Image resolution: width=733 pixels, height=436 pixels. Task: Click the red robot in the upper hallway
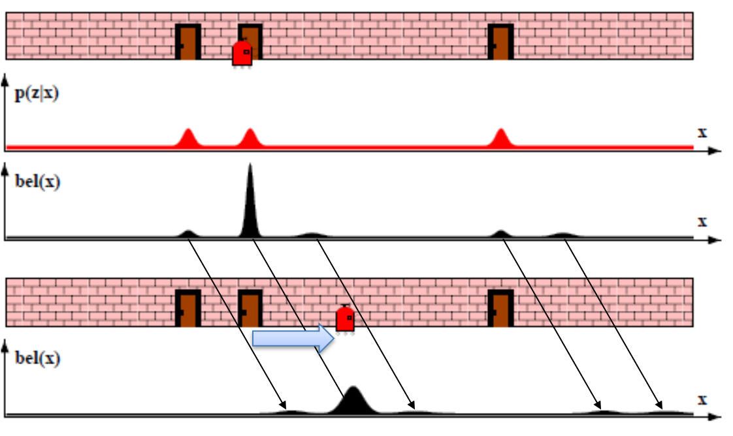[x=242, y=53]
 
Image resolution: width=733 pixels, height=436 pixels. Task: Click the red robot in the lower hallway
[x=345, y=319]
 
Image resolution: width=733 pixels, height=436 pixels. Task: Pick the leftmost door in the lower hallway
[x=188, y=309]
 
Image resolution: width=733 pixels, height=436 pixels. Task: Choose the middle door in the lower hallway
[x=250, y=309]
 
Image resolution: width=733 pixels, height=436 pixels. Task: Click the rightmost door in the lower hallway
[x=500, y=309]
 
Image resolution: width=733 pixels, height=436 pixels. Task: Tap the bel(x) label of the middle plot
[x=36, y=181]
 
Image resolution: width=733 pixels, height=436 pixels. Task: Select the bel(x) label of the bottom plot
[x=36, y=358]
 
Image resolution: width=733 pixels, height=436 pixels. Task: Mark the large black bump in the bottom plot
[x=353, y=402]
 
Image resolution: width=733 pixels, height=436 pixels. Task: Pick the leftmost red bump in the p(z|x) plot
[x=188, y=138]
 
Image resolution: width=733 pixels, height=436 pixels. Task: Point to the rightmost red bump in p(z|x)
[x=500, y=138]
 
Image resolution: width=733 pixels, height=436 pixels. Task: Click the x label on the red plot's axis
[x=702, y=132]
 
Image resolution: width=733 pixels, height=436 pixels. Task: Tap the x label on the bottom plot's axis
[x=702, y=398]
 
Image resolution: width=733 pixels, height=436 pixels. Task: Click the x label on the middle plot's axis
[x=702, y=221]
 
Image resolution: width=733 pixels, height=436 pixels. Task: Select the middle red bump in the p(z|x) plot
[x=249, y=138]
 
